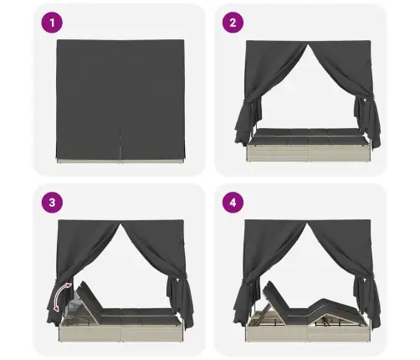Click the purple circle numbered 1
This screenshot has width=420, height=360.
point(52,23)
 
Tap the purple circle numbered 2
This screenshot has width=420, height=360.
point(233,23)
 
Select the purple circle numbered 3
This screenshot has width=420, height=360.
point(52,202)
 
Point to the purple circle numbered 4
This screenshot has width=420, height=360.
point(233,202)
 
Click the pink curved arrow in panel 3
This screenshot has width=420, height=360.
point(58,296)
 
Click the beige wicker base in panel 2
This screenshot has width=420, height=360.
point(308,152)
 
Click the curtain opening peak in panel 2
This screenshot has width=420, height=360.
point(308,44)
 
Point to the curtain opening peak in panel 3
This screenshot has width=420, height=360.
point(121,224)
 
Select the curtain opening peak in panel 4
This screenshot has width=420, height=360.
point(307,224)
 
